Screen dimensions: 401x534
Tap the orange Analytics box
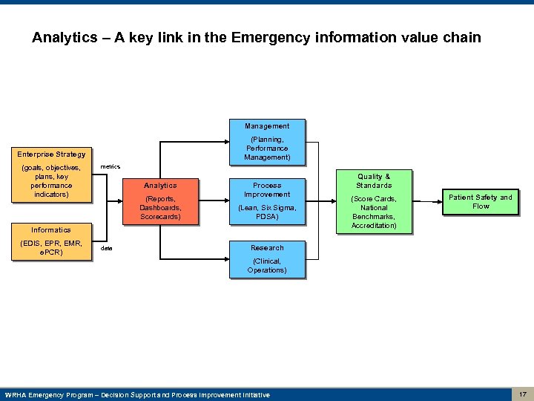pyautogui.click(x=160, y=200)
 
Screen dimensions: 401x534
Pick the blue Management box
pyautogui.click(x=267, y=141)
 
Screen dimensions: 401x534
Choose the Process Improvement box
pyautogui.click(x=267, y=200)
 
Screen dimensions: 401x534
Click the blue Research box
pyautogui.click(x=267, y=258)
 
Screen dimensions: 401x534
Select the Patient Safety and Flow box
pyautogui.click(x=480, y=201)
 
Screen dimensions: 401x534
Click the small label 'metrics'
pyautogui.click(x=110, y=166)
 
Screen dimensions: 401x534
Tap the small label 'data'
pyautogui.click(x=107, y=249)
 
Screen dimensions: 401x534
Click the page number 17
pyautogui.click(x=523, y=394)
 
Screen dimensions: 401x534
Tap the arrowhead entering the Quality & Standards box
pyautogui.click(x=334, y=200)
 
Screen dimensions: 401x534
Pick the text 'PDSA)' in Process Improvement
pyautogui.click(x=267, y=217)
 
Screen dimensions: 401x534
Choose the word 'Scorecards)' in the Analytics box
pyautogui.click(x=160, y=217)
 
